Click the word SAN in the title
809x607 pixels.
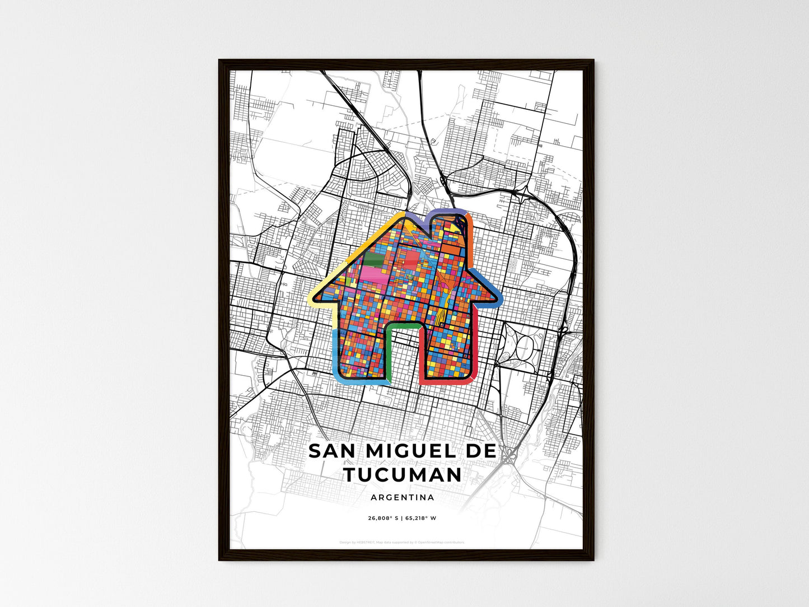[330, 451]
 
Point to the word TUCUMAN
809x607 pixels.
[403, 475]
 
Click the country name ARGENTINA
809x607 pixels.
[402, 497]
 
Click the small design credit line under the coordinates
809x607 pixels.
[402, 542]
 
